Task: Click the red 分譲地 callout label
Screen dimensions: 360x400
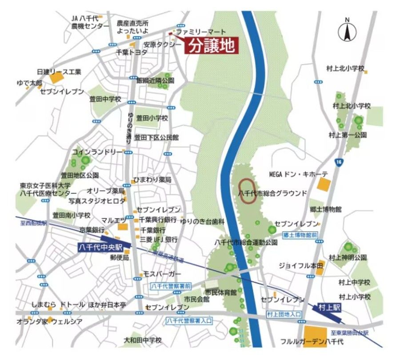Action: point(212,46)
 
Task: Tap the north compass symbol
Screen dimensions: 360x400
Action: point(347,32)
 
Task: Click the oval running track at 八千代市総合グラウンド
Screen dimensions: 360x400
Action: point(248,191)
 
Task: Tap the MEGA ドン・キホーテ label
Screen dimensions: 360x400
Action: point(298,174)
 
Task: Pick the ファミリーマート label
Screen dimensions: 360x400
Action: point(201,32)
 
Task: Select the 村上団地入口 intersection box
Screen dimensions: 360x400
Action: point(284,314)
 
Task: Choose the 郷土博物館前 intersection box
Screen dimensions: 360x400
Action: point(300,234)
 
